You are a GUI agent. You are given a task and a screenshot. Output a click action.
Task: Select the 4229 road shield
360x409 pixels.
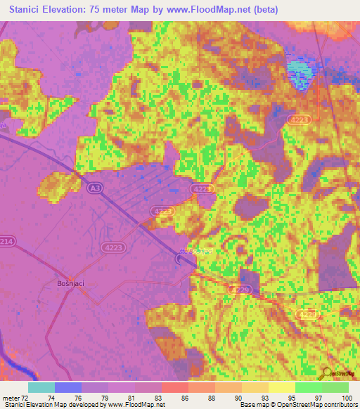point(236,290)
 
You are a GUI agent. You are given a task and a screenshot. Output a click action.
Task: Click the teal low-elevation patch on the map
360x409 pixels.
point(299,70)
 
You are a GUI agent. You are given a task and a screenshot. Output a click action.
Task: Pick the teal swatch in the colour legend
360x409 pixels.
point(41,387)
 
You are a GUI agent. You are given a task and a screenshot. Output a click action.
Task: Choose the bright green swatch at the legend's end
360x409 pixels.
point(335,387)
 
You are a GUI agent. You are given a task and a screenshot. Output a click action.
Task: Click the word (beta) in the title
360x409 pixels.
point(265,10)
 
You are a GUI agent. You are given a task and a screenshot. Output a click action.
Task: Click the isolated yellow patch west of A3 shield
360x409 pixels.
point(56,185)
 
